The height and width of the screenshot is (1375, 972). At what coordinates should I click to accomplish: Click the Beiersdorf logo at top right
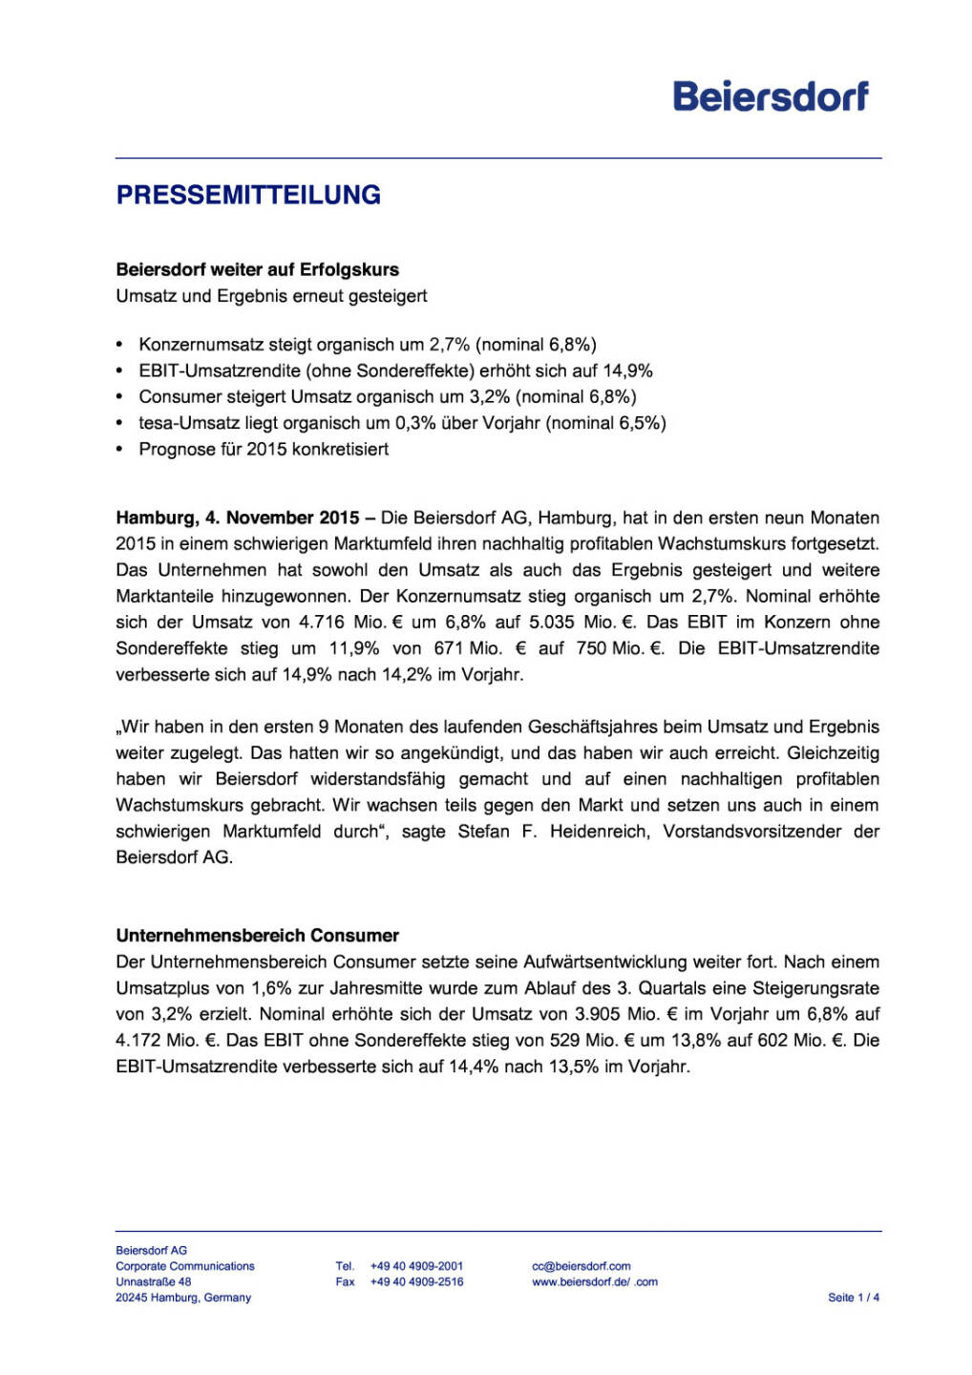(771, 96)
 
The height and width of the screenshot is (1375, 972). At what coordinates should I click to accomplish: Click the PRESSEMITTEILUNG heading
(248, 195)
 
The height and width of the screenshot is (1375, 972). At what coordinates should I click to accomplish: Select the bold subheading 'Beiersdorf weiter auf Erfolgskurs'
(257, 269)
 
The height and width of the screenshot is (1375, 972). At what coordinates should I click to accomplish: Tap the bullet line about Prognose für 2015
(264, 449)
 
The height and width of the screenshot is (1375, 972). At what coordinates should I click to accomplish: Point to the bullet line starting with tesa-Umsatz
(402, 423)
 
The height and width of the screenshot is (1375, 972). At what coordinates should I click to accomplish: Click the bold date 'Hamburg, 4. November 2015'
(238, 518)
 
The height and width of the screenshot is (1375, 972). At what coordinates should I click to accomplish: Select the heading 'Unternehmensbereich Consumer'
(257, 936)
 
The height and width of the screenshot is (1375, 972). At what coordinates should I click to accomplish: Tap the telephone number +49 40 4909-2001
(416, 1266)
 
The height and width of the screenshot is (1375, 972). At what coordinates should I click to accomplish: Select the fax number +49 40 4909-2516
(416, 1282)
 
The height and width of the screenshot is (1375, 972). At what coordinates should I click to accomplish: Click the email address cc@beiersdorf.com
(581, 1266)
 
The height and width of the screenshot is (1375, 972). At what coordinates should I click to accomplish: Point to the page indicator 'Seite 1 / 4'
(853, 1298)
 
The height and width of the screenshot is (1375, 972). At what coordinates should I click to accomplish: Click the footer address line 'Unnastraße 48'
(153, 1282)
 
